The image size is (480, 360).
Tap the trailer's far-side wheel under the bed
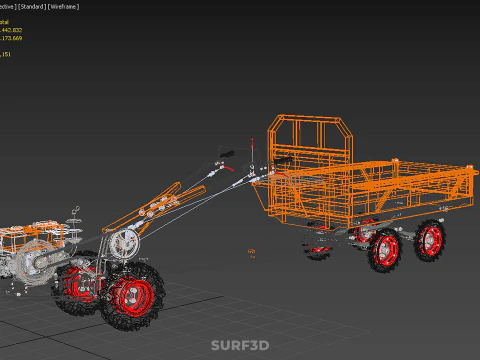pos(320,245)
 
